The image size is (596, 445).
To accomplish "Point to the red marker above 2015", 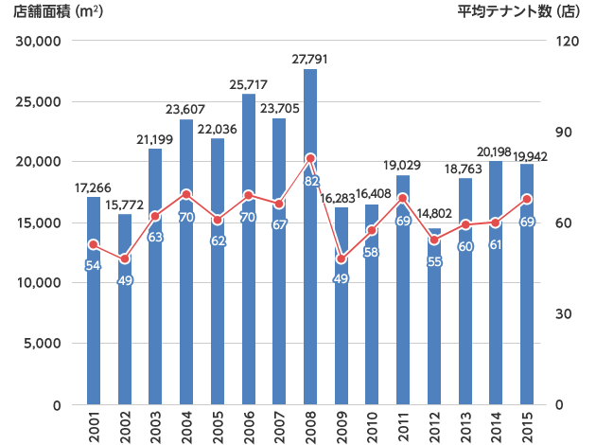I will pos(527,199).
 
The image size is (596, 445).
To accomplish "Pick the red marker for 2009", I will pos(342,258).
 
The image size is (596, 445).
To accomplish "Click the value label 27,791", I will pos(310,60).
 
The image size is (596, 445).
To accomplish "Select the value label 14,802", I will pos(434,214).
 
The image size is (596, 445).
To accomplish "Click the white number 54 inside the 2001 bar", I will pos(93,266).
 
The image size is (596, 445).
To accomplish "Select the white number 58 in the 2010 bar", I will pos(373,252).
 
